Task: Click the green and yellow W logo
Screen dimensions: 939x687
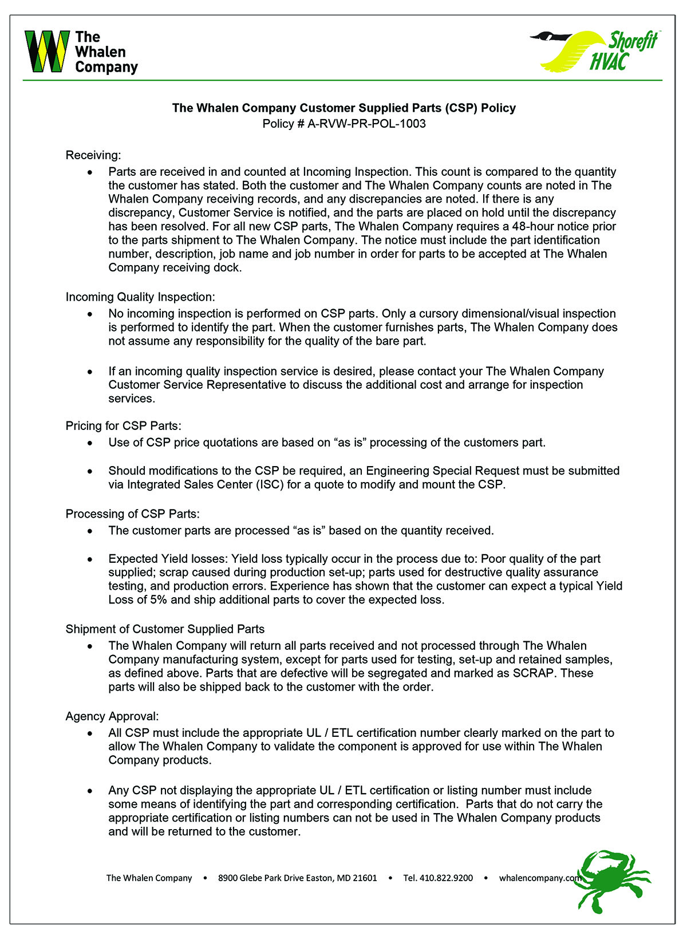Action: (47, 52)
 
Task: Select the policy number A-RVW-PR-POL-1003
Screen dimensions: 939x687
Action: (366, 124)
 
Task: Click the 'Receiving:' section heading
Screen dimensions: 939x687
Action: (93, 155)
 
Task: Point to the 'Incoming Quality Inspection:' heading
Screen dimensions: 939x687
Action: (140, 297)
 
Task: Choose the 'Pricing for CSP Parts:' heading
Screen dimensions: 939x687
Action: (123, 425)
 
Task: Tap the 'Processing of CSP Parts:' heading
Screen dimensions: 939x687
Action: (132, 514)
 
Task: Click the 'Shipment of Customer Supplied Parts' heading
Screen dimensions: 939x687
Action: (165, 629)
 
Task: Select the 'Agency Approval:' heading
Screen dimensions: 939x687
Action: (112, 716)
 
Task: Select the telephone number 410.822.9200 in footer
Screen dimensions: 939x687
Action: (438, 878)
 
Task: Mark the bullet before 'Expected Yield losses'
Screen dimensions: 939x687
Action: (90, 559)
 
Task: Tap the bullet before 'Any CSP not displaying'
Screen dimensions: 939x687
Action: (90, 791)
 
